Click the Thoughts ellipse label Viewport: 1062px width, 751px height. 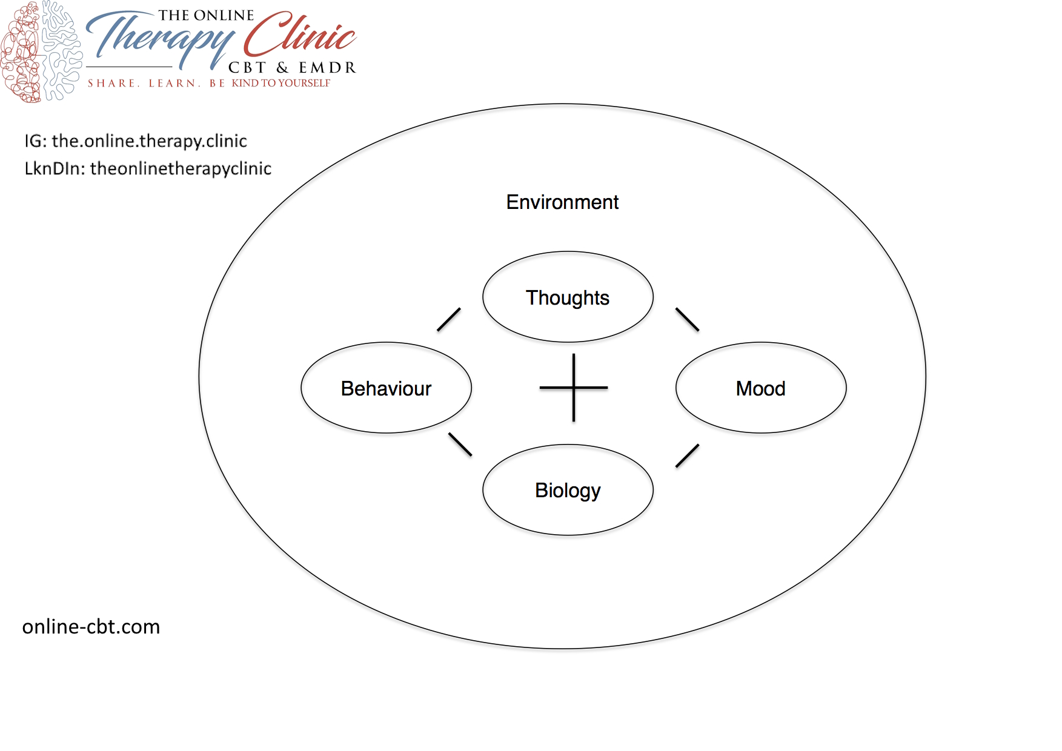pyautogui.click(x=568, y=297)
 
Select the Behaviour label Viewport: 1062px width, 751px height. pyautogui.click(x=386, y=388)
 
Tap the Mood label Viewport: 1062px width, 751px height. pyautogui.click(x=760, y=388)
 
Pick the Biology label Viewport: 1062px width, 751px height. pyautogui.click(x=568, y=490)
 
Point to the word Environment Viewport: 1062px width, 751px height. pyautogui.click(x=562, y=202)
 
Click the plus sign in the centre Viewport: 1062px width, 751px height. pyautogui.click(x=573, y=388)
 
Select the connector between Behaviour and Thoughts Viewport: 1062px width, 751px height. pyautogui.click(x=449, y=320)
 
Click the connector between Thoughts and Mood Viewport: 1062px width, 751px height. pyautogui.click(x=687, y=320)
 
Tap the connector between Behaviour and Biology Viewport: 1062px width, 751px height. pyautogui.click(x=460, y=444)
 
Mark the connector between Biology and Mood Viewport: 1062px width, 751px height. pyautogui.click(x=687, y=456)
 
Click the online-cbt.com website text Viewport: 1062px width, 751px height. pyautogui.click(x=91, y=626)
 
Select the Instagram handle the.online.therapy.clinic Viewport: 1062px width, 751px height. pyautogui.click(x=149, y=141)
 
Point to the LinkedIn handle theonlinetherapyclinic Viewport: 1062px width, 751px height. pyautogui.click(x=181, y=168)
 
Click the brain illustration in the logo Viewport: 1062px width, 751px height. pyautogui.click(x=41, y=51)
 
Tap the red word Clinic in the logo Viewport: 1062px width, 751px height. pyautogui.click(x=300, y=35)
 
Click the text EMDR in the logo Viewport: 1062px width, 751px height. pyautogui.click(x=327, y=67)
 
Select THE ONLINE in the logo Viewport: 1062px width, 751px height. pyautogui.click(x=206, y=15)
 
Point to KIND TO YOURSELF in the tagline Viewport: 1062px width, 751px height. pyautogui.click(x=281, y=83)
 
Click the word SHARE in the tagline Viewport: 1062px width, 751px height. pyautogui.click(x=111, y=83)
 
